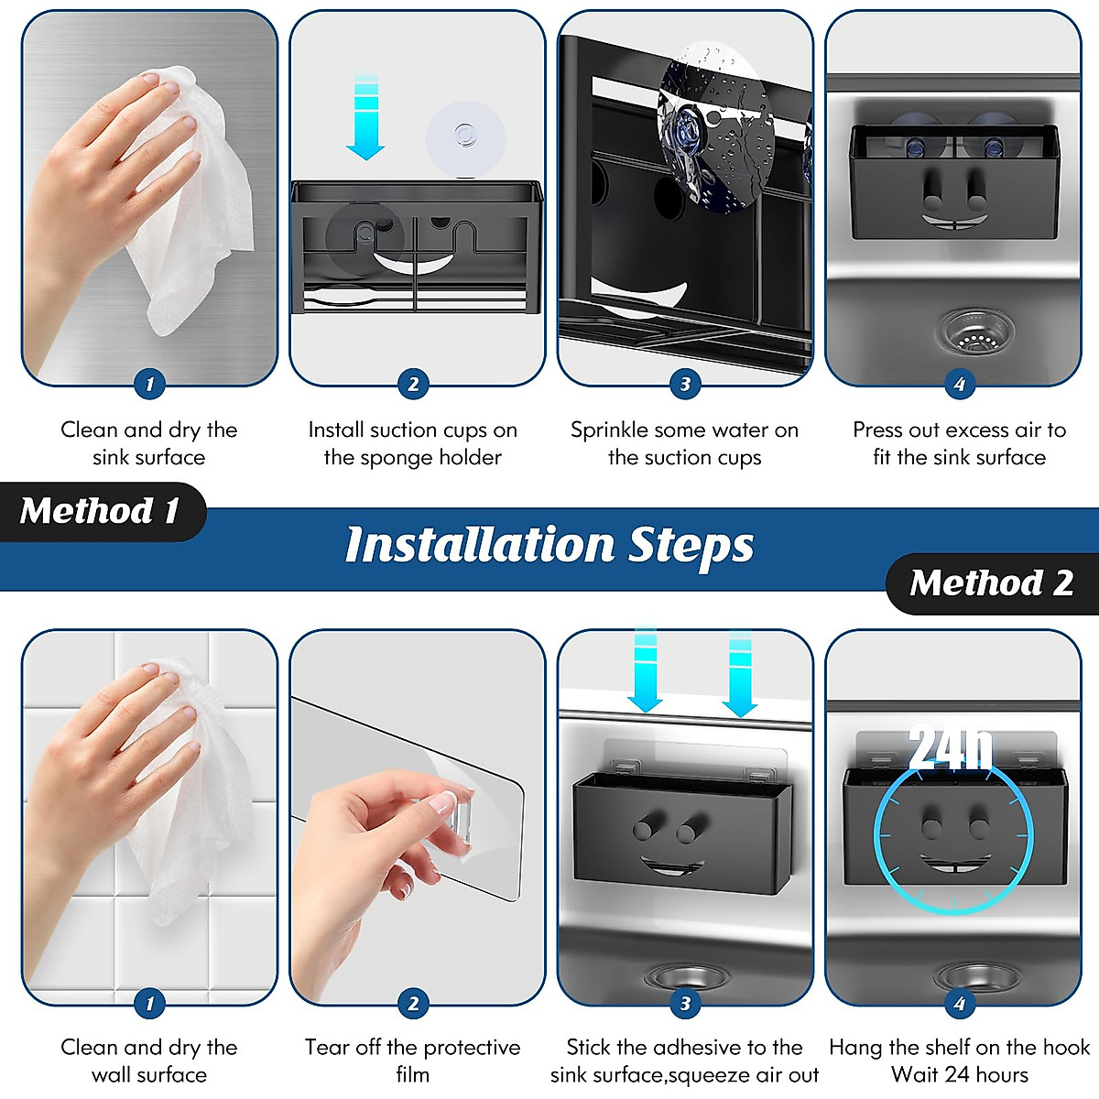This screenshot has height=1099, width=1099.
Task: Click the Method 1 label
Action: [x=101, y=510]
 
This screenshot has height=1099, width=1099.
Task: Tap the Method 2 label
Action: [x=992, y=582]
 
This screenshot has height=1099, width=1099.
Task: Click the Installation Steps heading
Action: [x=549, y=546]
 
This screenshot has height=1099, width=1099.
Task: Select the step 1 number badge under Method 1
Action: [x=149, y=384]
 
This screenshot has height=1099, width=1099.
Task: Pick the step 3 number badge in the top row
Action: [x=685, y=384]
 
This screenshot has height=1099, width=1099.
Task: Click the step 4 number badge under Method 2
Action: [x=959, y=1003]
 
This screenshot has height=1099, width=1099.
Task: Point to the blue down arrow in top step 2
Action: [x=365, y=116]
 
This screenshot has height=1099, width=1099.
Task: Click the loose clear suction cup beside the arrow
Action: [x=465, y=139]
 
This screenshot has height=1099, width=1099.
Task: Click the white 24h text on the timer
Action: [x=950, y=747]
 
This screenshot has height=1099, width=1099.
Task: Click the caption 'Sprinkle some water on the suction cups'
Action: [x=684, y=443]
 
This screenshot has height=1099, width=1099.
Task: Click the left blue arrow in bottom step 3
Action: [x=645, y=669]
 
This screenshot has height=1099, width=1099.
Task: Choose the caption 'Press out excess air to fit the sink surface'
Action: [x=959, y=443]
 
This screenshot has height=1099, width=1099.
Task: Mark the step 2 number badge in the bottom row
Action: [x=413, y=1003]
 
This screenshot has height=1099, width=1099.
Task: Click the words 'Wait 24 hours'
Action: [x=959, y=1074]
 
